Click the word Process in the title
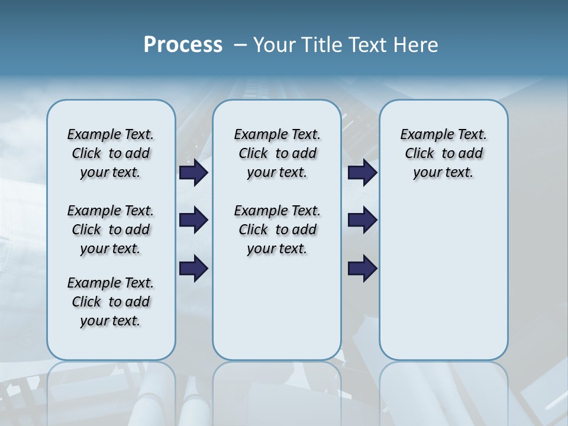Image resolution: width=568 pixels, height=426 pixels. (x=183, y=45)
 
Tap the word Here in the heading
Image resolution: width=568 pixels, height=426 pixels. (x=417, y=45)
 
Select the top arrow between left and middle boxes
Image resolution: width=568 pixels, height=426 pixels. (x=193, y=173)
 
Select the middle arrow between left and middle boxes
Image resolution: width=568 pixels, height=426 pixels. (x=193, y=220)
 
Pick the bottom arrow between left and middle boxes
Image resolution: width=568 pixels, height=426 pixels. (x=193, y=269)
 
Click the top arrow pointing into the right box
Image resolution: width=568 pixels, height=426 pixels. (x=363, y=173)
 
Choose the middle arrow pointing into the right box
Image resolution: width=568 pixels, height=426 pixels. (x=363, y=220)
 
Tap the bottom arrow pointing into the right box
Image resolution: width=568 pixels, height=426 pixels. (x=363, y=269)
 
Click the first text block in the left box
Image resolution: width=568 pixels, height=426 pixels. (x=111, y=153)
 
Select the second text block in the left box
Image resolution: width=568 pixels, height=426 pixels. (x=111, y=230)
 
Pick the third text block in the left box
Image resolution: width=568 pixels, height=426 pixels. (x=111, y=302)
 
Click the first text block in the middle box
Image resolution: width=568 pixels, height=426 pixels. (x=277, y=153)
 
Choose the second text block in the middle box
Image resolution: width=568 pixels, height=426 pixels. (x=277, y=230)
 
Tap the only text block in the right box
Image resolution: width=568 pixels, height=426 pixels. (x=443, y=153)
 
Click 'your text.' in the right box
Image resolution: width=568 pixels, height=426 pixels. (x=443, y=172)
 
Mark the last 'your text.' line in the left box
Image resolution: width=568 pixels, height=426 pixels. (x=111, y=321)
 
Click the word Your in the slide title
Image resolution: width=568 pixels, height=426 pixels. (x=273, y=45)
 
